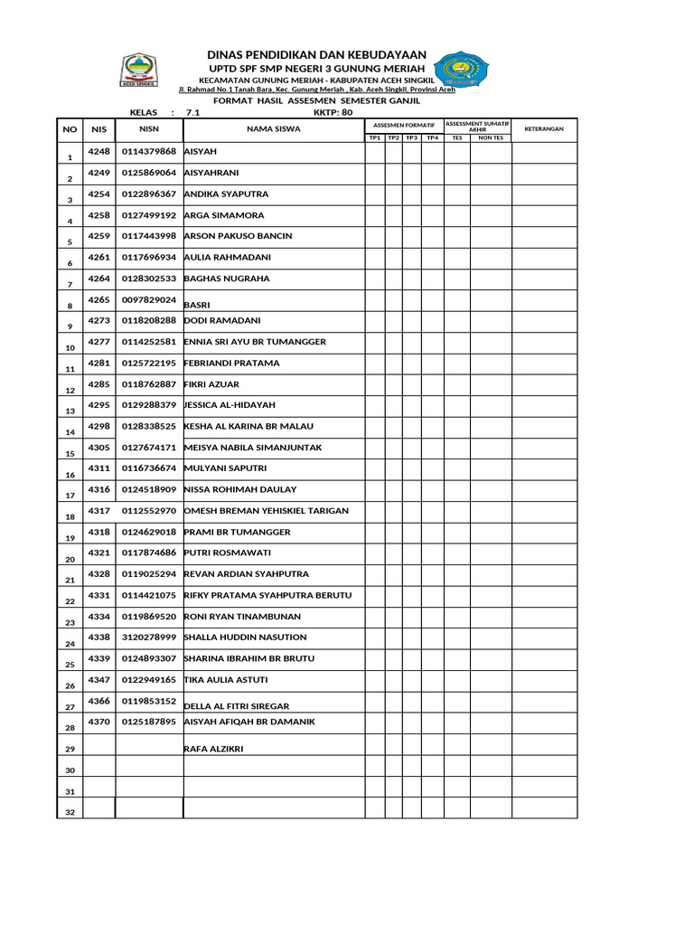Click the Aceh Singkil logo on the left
point(138,71)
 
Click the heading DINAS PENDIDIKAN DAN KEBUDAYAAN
point(317,55)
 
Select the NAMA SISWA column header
point(274,129)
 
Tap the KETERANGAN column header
point(544,129)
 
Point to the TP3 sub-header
point(411,138)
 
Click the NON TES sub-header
point(491,138)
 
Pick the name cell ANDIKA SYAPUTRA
point(226,194)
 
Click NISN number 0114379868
point(149,152)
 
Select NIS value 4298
point(98,426)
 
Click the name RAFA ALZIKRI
point(213,749)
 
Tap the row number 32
point(70,813)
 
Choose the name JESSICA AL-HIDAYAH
point(230,405)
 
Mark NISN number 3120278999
point(149,638)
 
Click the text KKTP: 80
point(333,113)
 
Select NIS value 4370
point(98,722)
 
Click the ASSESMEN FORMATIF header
point(404,125)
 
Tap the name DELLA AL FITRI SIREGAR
point(237,706)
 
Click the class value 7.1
point(192,113)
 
